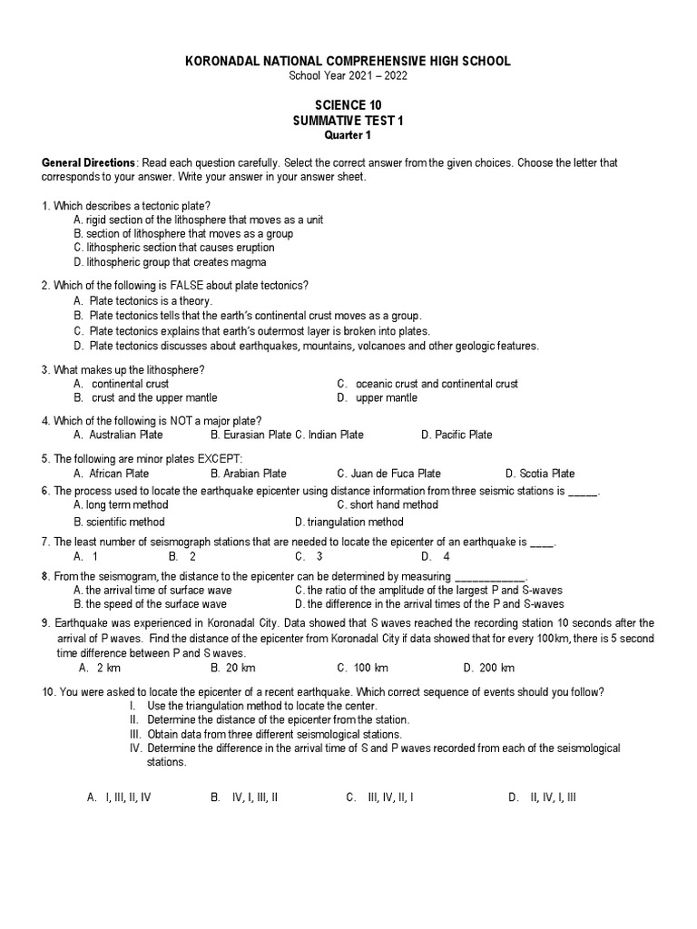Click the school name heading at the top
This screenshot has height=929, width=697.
348,61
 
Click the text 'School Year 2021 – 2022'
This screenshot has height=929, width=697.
348,75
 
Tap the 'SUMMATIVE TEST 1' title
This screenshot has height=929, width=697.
348,121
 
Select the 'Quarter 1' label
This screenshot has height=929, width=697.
348,135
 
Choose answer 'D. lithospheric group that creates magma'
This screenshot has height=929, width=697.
170,262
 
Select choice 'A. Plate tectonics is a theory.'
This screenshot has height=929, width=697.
143,300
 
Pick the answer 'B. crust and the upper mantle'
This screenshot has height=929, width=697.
146,397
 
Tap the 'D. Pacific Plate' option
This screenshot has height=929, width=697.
456,435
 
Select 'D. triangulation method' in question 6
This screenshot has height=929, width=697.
349,522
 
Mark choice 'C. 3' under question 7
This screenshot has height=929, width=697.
309,556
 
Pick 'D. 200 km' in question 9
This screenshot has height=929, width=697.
488,668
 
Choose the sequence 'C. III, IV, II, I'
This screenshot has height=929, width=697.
379,797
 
